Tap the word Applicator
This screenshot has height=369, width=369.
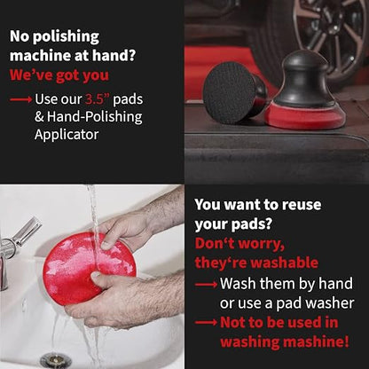[67, 135]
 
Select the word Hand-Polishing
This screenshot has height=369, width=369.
[95, 117]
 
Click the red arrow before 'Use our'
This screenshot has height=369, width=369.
[20, 99]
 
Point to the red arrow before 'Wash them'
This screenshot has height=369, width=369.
[206, 285]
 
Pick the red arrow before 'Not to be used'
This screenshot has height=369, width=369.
[206, 323]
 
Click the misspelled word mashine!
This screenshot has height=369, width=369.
[316, 342]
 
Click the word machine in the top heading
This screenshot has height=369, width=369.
[40, 56]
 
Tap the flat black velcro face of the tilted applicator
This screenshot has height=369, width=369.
[230, 92]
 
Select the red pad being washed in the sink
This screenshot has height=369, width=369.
[89, 269]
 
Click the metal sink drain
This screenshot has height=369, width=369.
[56, 361]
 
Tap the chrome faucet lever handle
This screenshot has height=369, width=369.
[26, 232]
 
